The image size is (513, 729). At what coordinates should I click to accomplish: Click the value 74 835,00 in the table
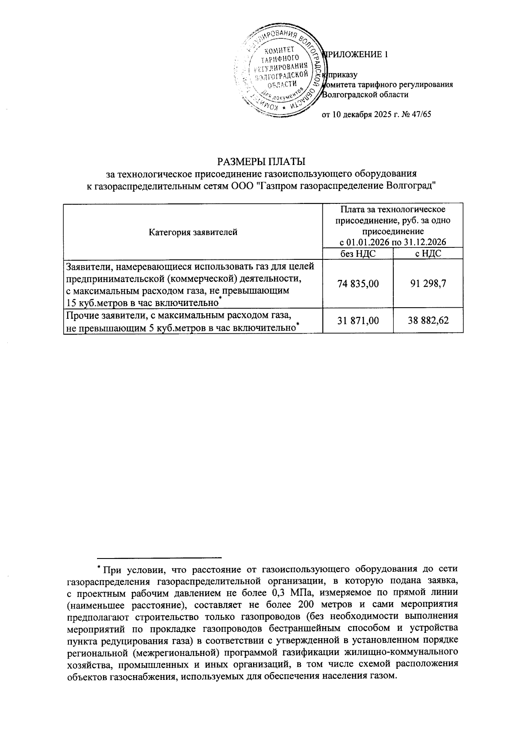point(358,284)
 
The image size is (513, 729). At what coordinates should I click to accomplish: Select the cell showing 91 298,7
point(428,284)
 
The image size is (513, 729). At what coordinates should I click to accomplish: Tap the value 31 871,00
point(358,320)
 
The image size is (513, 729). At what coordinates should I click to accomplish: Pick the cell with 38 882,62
point(428,320)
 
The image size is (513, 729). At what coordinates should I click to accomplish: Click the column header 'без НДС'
point(358,254)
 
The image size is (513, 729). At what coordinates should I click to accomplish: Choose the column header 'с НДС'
point(428,254)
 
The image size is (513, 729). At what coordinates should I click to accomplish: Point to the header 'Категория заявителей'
point(193,232)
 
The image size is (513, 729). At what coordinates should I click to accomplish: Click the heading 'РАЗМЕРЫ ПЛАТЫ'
point(262,162)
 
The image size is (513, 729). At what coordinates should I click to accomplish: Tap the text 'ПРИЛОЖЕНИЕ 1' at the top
point(356,55)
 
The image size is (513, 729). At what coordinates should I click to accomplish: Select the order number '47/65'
point(421,115)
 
